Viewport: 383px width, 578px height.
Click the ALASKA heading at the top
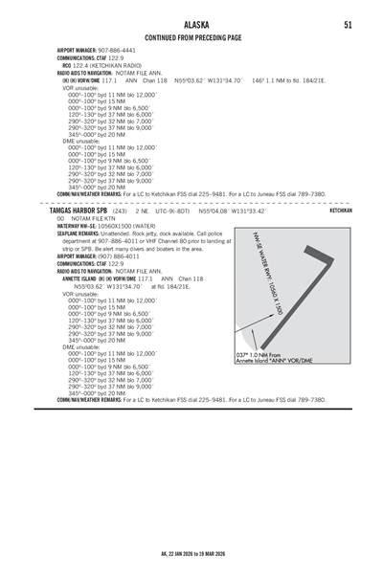[191, 23]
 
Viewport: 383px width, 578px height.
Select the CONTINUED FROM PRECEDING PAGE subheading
[191, 37]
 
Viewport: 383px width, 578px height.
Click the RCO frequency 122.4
[88, 65]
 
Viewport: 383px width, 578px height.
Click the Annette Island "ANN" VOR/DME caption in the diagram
[273, 388]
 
